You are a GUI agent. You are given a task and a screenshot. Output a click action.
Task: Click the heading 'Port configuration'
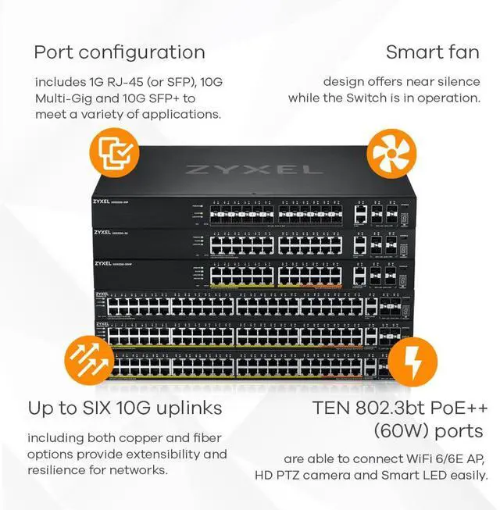120,52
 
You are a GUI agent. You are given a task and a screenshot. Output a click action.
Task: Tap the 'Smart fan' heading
433,52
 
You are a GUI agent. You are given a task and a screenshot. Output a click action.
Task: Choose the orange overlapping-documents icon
114,152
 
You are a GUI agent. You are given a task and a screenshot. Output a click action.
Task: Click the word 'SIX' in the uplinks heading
111,408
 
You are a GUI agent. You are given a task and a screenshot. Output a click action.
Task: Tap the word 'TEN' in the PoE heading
330,408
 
